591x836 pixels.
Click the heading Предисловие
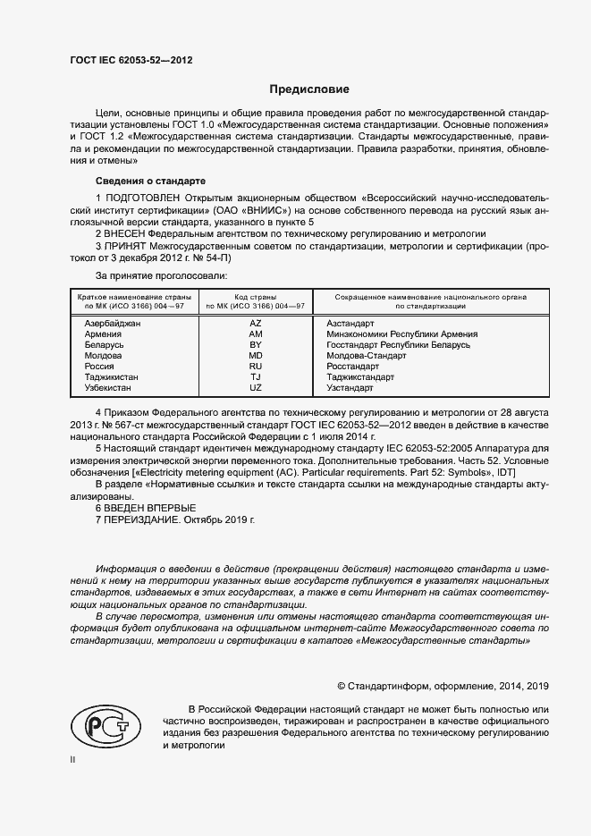pos(309,89)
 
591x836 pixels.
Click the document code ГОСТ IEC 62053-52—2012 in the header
pos(131,61)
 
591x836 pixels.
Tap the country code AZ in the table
pos(255,322)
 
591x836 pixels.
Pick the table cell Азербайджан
pos(113,322)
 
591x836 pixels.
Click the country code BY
pos(255,344)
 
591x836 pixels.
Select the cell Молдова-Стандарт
pos(367,355)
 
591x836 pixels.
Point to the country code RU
pos(255,367)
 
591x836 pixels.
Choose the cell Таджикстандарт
pos(360,377)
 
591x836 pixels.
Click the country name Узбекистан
pos(107,388)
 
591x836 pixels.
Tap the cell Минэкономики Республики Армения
pos(401,334)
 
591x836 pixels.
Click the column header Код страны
pos(255,296)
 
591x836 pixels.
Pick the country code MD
pos(255,355)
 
